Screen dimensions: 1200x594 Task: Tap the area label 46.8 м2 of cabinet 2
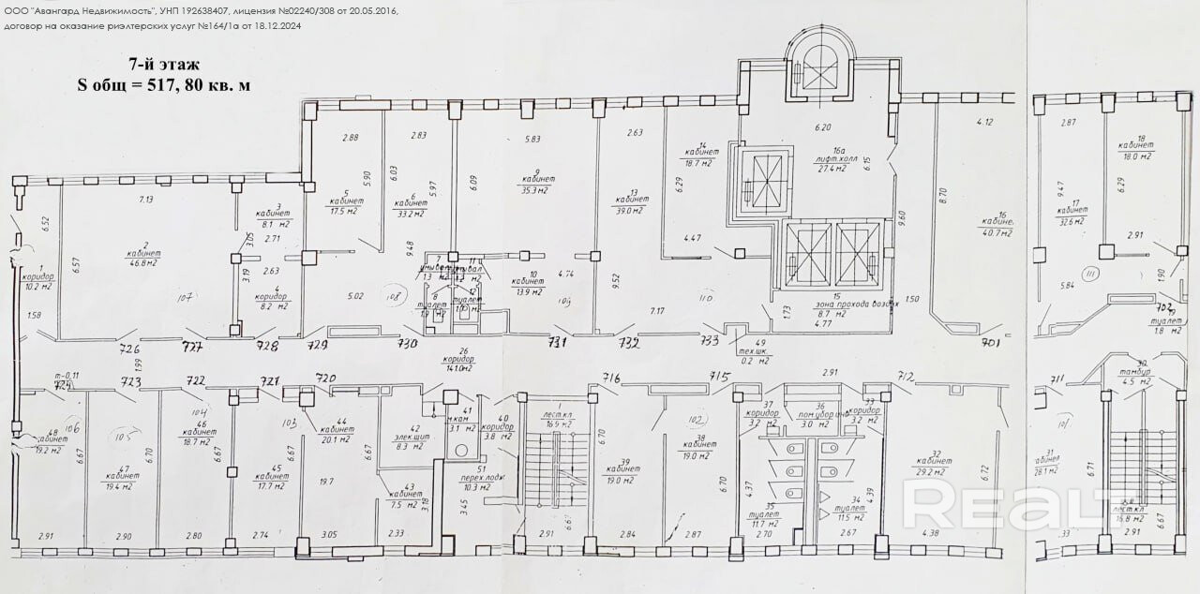click(x=142, y=263)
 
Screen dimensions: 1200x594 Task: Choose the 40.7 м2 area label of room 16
click(x=997, y=231)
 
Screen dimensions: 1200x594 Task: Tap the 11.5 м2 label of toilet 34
click(x=850, y=517)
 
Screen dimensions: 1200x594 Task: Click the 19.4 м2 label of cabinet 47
click(x=123, y=486)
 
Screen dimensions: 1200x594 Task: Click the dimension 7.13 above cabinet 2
click(x=146, y=200)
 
